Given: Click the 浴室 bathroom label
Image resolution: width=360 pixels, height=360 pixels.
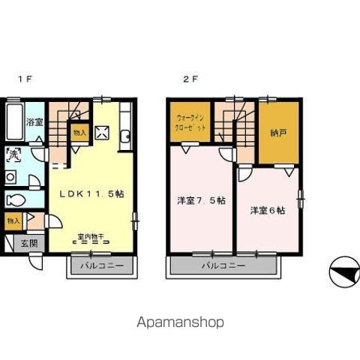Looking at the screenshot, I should click(x=34, y=122).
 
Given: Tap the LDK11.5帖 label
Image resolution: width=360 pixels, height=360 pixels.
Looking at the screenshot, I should click(x=91, y=193).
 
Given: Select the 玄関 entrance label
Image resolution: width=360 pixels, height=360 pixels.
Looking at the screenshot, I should click(x=28, y=243).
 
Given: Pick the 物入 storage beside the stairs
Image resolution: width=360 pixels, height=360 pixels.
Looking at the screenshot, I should click(x=79, y=133).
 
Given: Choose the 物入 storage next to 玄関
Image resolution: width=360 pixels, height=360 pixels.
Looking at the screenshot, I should click(x=13, y=221).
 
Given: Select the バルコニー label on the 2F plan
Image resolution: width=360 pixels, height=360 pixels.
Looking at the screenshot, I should click(x=223, y=265).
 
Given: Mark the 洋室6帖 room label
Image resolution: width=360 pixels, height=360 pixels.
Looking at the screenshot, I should click(x=267, y=211).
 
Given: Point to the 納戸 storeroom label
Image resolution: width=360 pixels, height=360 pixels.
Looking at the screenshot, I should click(x=278, y=133).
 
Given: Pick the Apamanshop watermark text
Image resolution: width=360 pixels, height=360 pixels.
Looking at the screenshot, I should click(x=180, y=322).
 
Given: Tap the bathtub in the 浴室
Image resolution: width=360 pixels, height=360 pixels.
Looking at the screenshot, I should click(x=13, y=120).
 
